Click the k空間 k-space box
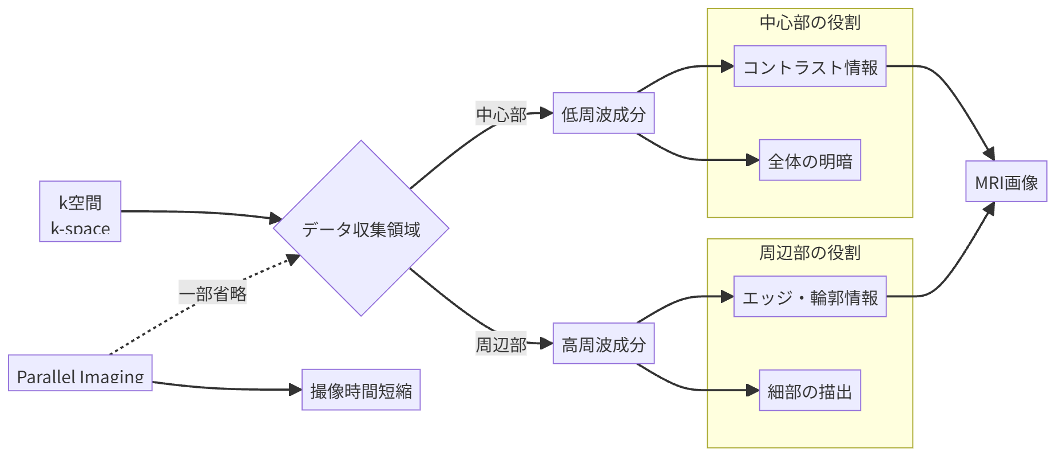pos(80,211)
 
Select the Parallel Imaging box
pos(80,373)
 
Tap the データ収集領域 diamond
pos(361,229)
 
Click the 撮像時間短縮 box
pos(361,390)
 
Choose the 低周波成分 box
pos(604,113)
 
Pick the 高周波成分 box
pos(604,344)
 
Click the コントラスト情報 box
pos(810,66)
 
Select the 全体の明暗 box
pos(810,160)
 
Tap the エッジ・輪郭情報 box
pos(810,297)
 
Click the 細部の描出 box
pos(810,391)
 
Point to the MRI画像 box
pos(1006,182)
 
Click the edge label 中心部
pos(501,114)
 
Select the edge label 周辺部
pos(501,344)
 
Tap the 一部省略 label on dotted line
pos(213,293)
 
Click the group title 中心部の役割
pos(810,22)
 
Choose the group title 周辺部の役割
pos(810,253)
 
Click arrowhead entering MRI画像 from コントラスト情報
pos(990,154)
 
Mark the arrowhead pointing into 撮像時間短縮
pos(296,390)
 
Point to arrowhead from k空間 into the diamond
pos(276,218)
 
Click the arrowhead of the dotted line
pos(294,260)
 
